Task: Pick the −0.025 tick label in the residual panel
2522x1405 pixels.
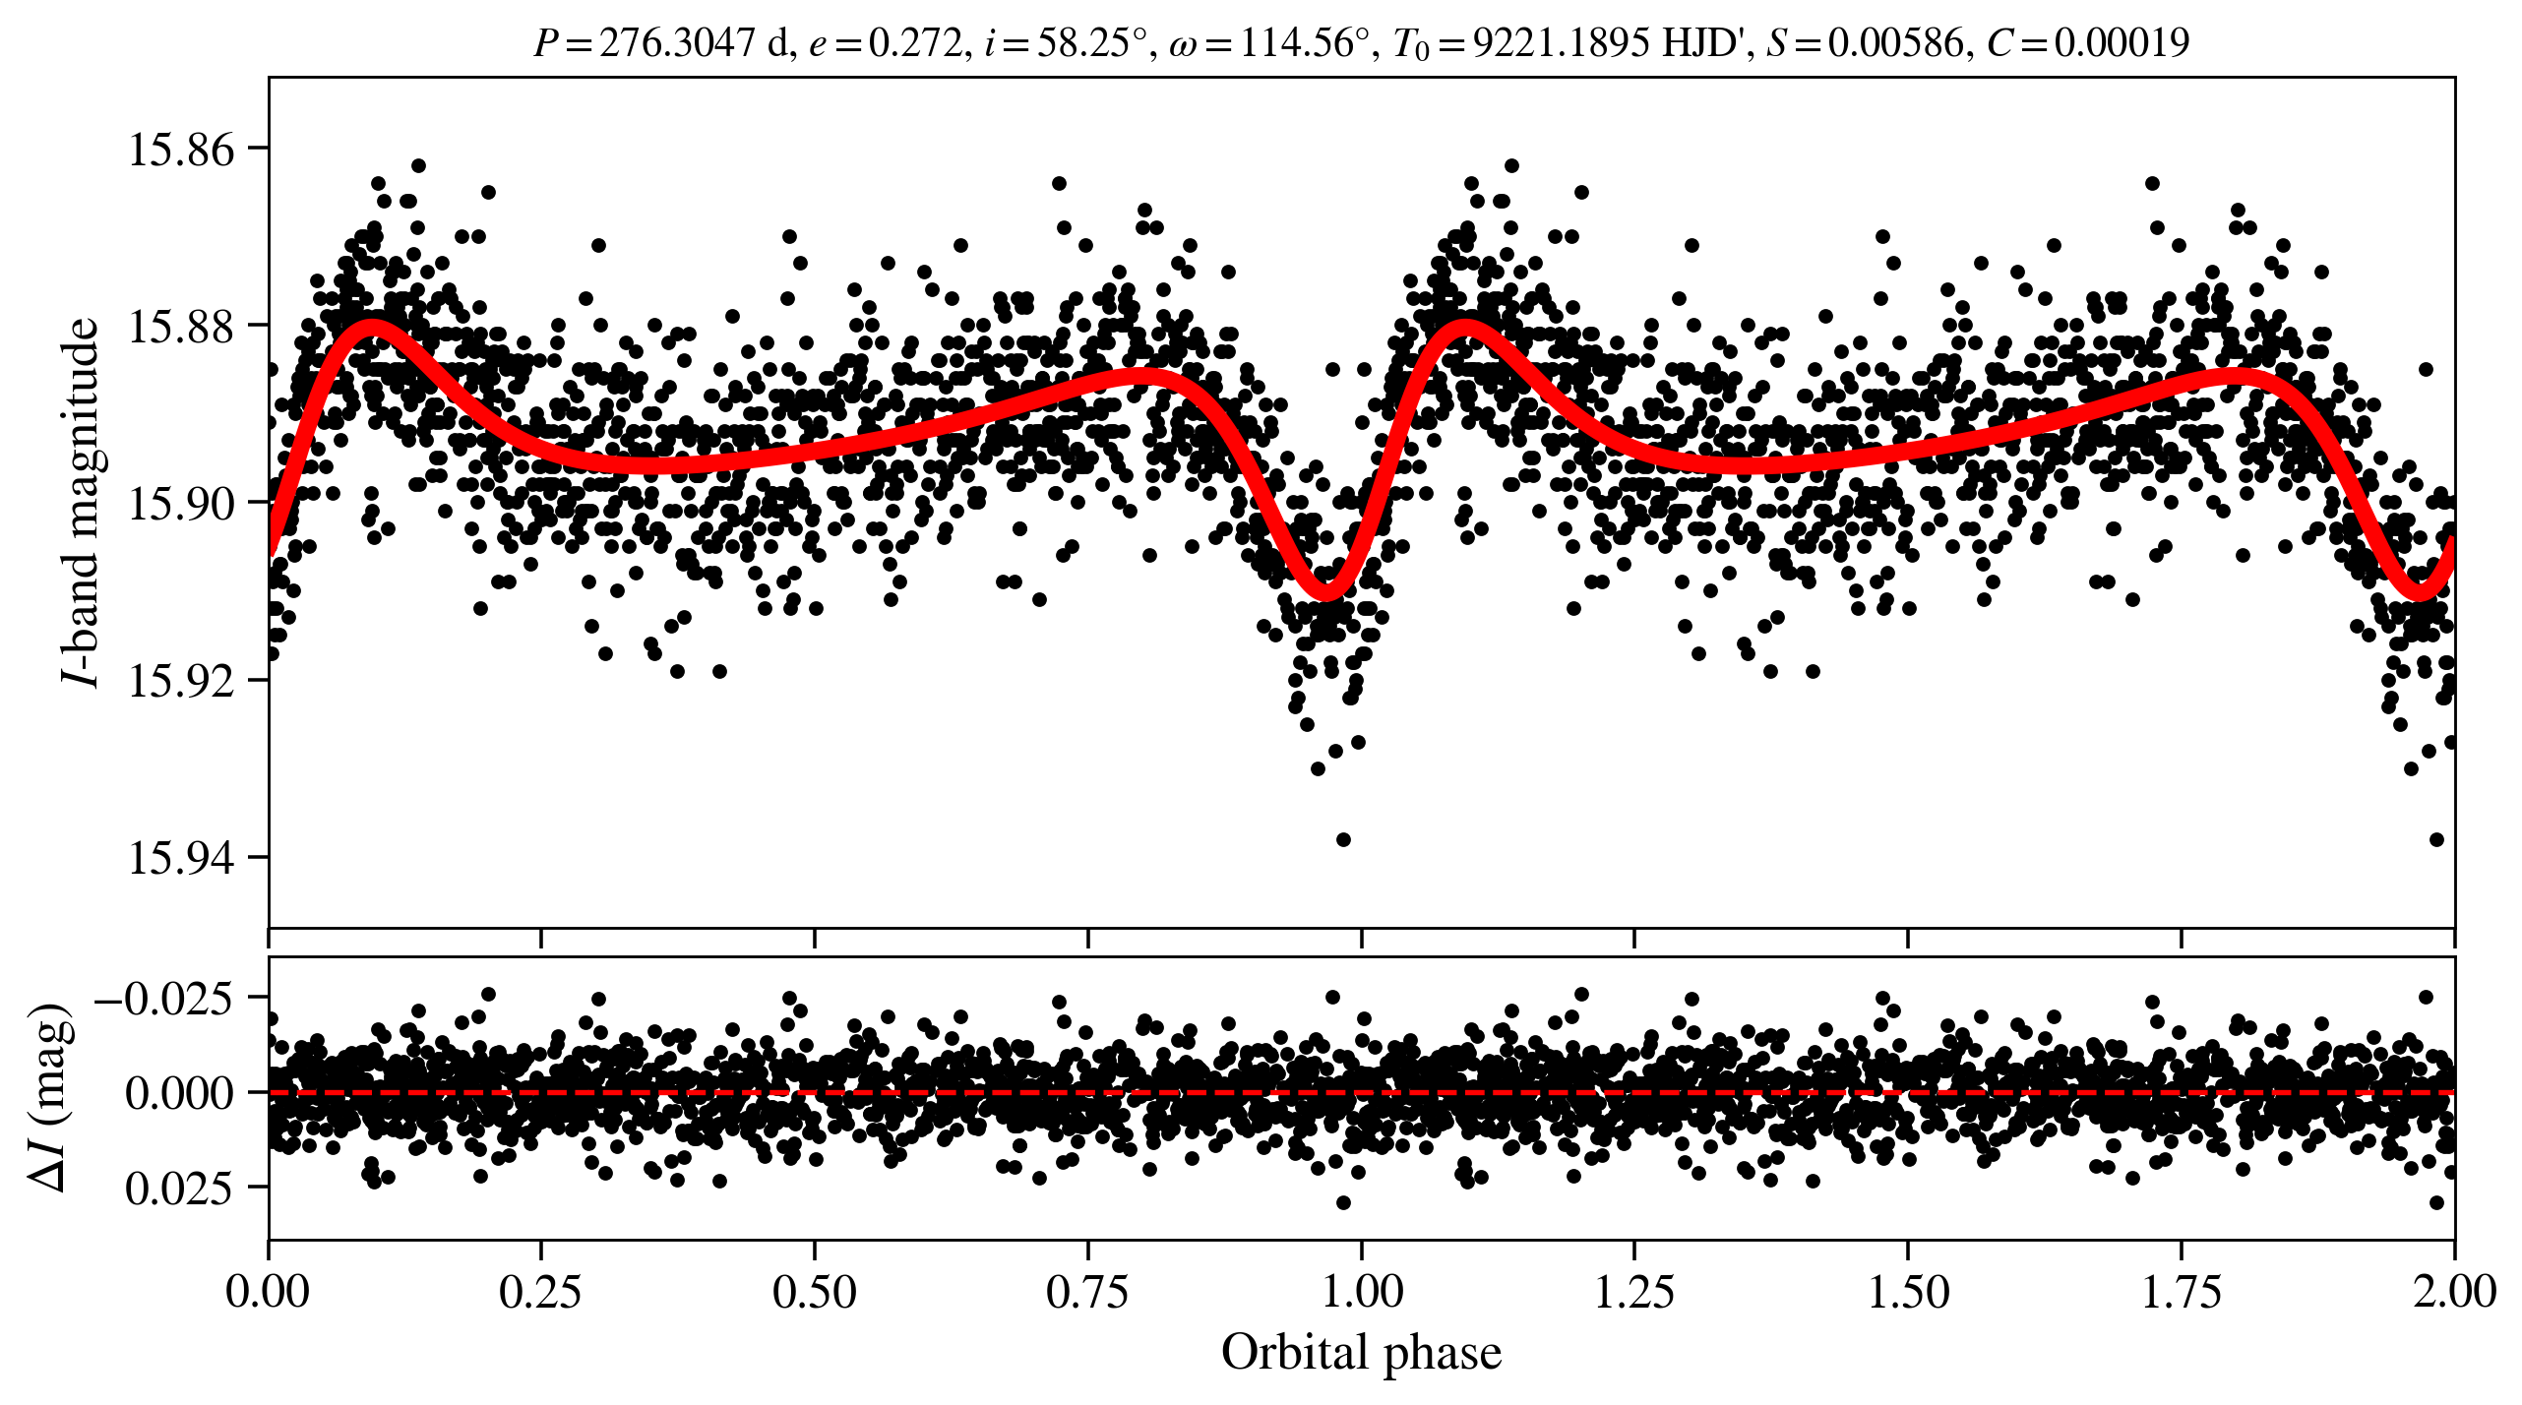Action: (164, 999)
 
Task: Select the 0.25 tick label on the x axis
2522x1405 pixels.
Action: (540, 1292)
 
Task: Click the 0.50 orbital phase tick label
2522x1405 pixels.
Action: (814, 1292)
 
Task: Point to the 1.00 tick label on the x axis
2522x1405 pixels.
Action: (1361, 1292)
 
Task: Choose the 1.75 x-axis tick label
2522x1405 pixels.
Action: (2182, 1292)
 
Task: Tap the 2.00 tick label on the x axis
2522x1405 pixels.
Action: (2454, 1292)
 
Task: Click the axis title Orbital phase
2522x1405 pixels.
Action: (1361, 1353)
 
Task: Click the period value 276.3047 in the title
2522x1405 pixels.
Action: (677, 43)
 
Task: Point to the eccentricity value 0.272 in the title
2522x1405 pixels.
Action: (914, 43)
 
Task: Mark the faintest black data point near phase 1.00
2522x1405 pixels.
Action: (1343, 839)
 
